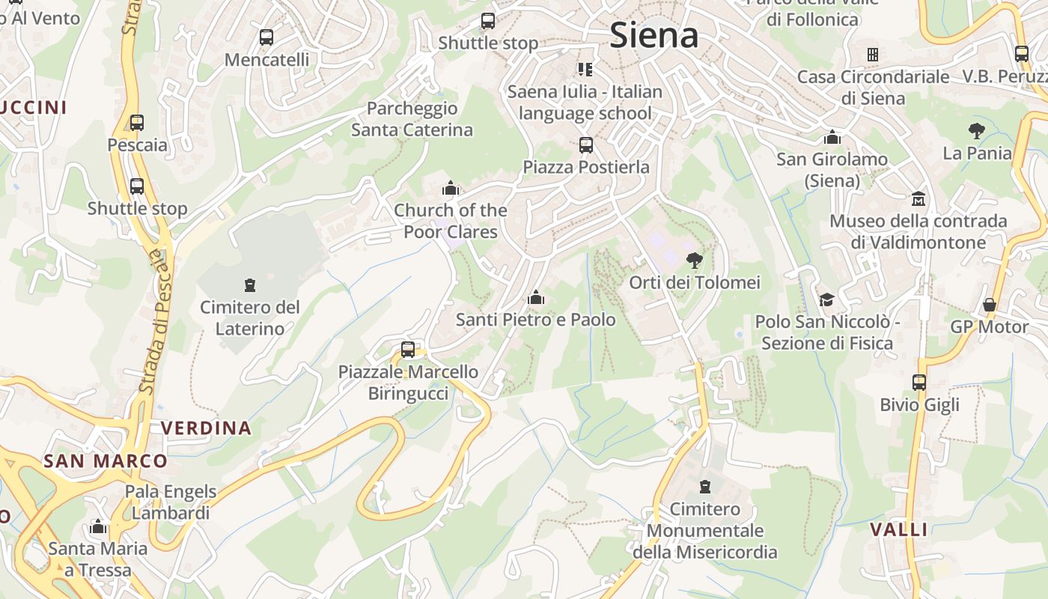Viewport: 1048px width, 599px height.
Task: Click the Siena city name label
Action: click(654, 35)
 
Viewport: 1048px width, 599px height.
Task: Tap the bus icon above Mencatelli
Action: click(266, 37)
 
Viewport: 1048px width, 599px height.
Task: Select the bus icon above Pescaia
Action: click(136, 123)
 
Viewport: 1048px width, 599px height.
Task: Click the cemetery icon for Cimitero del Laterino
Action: click(249, 285)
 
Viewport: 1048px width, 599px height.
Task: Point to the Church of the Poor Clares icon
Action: click(450, 187)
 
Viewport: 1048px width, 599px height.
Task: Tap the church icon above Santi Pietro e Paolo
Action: click(535, 298)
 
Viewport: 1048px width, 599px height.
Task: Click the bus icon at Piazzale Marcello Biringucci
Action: click(408, 349)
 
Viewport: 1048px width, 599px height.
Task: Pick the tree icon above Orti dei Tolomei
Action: click(694, 261)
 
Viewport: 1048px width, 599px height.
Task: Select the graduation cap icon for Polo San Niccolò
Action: click(826, 299)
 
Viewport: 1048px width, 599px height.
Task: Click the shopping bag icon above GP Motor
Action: click(989, 305)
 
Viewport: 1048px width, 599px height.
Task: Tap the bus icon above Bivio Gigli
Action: click(919, 383)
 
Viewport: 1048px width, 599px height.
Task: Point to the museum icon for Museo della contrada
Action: click(918, 199)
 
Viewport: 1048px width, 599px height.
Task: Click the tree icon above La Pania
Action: click(976, 131)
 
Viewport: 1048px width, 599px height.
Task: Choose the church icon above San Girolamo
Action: click(832, 137)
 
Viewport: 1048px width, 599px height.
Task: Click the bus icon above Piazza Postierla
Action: click(585, 145)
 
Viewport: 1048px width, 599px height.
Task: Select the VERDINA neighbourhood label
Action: click(207, 428)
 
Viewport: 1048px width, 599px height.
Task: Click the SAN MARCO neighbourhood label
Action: click(105, 460)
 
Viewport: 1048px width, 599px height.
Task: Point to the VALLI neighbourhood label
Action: click(898, 529)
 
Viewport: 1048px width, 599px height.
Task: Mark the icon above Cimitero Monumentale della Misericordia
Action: click(704, 487)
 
